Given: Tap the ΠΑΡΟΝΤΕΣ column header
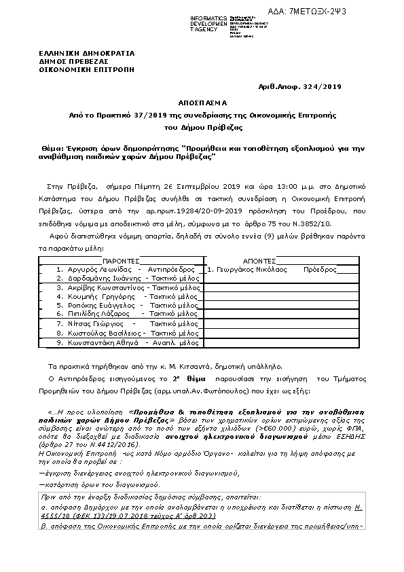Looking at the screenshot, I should point(121,260).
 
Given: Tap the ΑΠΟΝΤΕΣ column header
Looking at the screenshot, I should point(259,260).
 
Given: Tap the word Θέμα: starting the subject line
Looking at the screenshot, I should point(50,147).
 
